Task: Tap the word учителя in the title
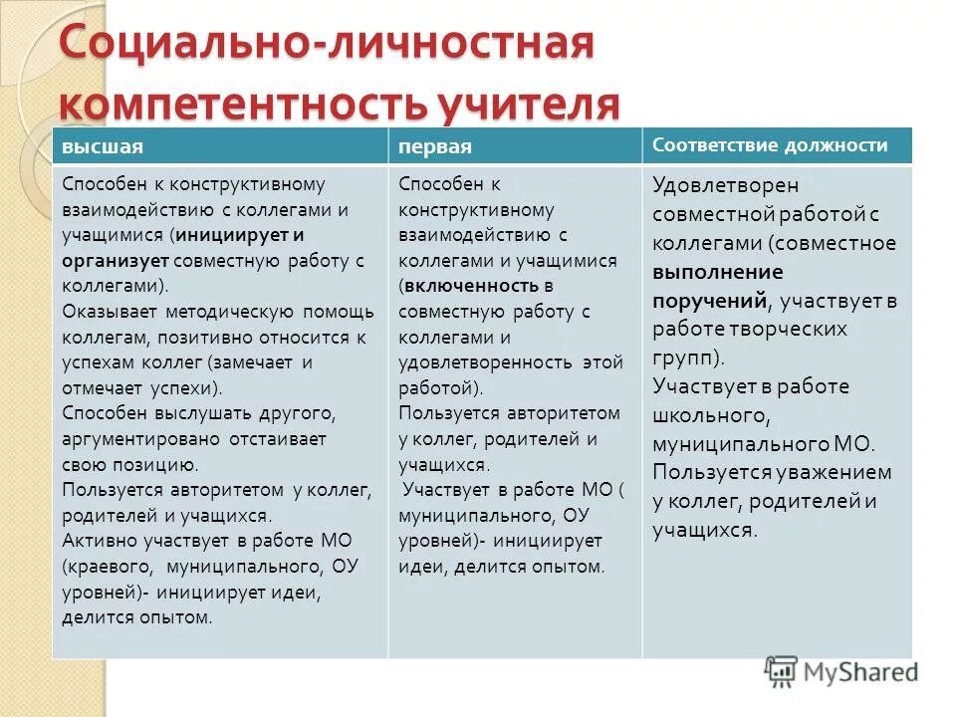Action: pyautogui.click(x=526, y=105)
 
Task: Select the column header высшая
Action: pyautogui.click(x=103, y=146)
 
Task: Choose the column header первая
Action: pyautogui.click(x=434, y=146)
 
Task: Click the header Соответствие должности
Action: pyautogui.click(x=770, y=145)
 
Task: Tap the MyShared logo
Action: pyautogui.click(x=841, y=672)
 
